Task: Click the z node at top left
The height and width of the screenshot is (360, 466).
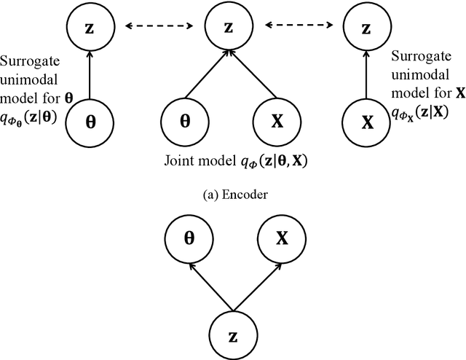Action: tap(88, 28)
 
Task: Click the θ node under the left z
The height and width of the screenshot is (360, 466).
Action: tap(88, 121)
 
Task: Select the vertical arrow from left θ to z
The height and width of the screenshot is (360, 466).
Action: tap(88, 74)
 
